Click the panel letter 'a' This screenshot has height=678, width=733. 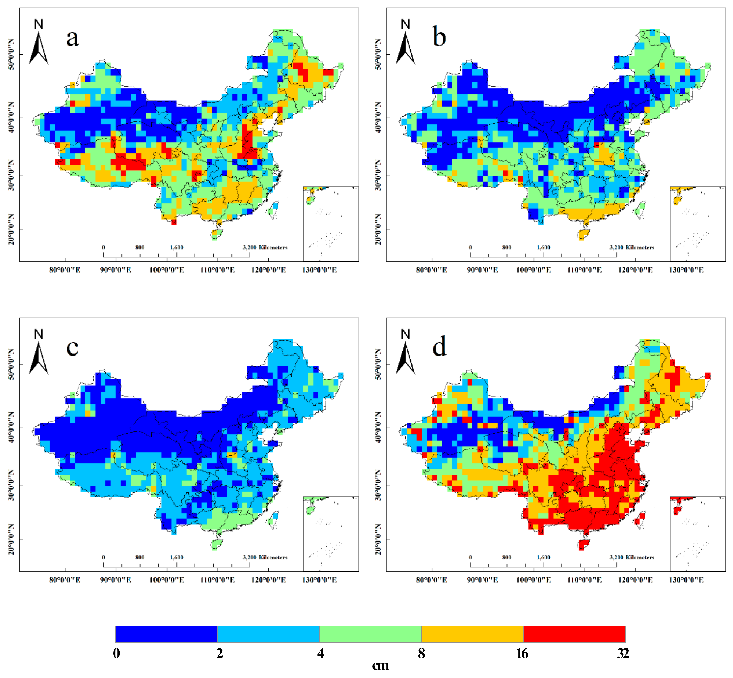73,38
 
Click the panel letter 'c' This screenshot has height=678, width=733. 72,347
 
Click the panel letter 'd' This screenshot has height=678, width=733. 439,347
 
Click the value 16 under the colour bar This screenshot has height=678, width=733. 522,653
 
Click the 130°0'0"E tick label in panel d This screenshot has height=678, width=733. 686,580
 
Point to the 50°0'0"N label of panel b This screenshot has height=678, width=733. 378,54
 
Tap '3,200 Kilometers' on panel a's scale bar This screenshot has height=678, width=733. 265,247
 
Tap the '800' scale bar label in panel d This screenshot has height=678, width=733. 506,557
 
